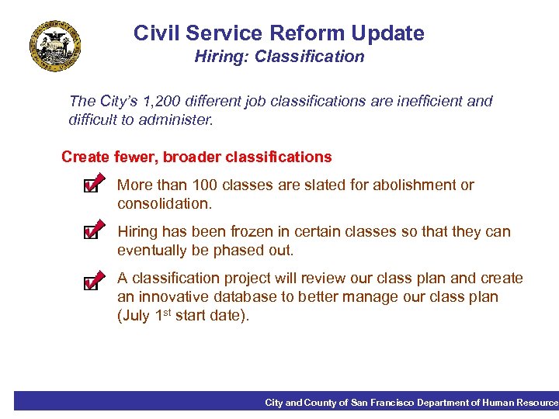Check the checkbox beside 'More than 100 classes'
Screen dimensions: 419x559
point(92,187)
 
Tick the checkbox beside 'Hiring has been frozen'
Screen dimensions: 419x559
point(92,234)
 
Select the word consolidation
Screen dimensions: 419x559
point(163,204)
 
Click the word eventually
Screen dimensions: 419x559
point(152,251)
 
